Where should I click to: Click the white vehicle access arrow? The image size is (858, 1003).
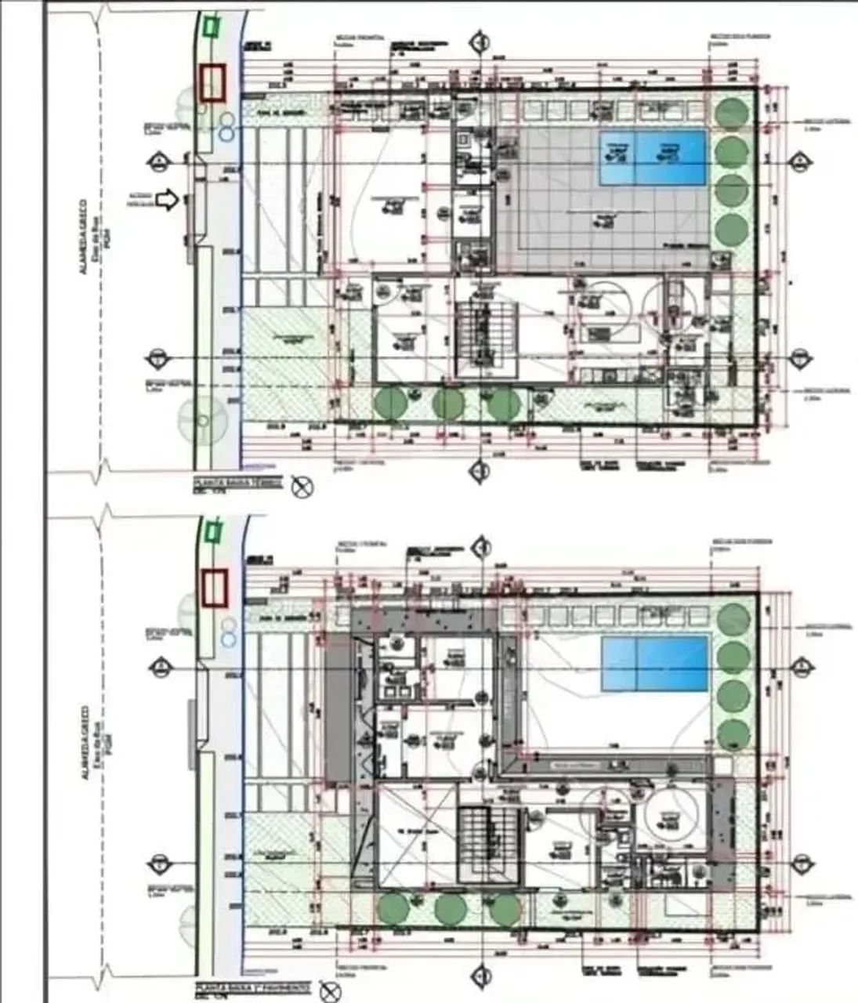point(167,201)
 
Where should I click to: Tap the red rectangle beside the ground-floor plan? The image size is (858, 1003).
point(212,83)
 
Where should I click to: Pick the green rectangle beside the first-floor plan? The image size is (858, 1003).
point(211,533)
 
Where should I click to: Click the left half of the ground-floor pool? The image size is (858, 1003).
point(617,157)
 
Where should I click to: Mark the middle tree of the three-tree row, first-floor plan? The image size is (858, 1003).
point(447,908)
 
